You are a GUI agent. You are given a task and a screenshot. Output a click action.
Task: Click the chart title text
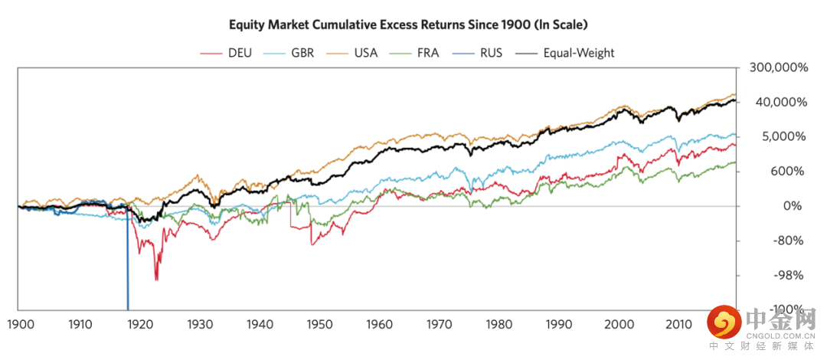408,25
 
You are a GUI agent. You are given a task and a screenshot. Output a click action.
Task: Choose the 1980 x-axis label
498,324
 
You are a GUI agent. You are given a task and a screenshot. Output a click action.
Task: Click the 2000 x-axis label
617,324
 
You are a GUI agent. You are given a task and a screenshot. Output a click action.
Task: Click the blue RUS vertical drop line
127,260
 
